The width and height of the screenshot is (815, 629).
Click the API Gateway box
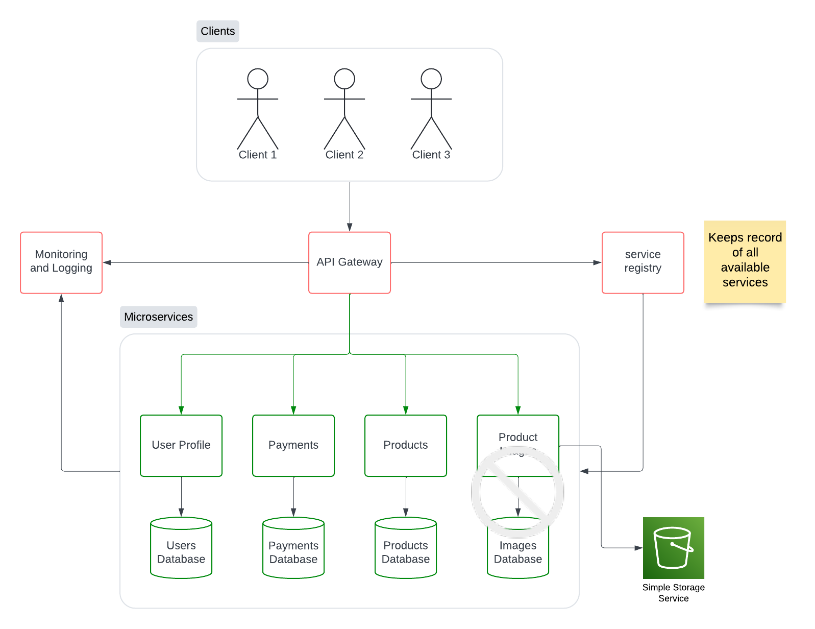350,262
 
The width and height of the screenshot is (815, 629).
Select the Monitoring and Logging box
61,262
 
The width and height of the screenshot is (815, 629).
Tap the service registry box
643,262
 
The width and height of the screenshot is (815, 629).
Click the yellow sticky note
745,261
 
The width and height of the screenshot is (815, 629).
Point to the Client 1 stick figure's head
258,79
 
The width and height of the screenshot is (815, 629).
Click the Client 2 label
344,155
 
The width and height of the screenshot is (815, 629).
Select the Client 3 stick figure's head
431,79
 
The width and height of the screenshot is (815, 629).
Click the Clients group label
218,31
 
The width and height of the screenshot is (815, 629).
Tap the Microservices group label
158,317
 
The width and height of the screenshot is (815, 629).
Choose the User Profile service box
181,445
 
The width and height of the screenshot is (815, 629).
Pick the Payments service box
293,445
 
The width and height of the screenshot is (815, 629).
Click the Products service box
406,445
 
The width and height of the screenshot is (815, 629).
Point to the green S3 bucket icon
673,548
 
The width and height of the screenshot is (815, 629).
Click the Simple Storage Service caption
673,593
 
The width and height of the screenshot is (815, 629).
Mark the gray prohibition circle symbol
517,492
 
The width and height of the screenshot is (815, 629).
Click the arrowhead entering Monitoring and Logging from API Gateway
107,262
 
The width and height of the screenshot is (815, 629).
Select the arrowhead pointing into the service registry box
597,262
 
